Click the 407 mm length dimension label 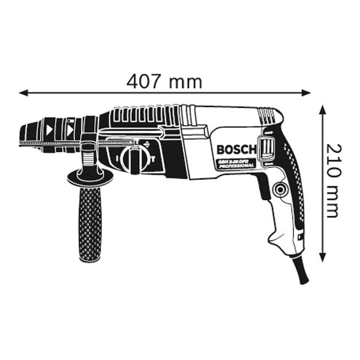(164, 82)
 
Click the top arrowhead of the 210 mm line (322, 110)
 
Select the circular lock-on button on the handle (279, 190)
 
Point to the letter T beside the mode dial (153, 160)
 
